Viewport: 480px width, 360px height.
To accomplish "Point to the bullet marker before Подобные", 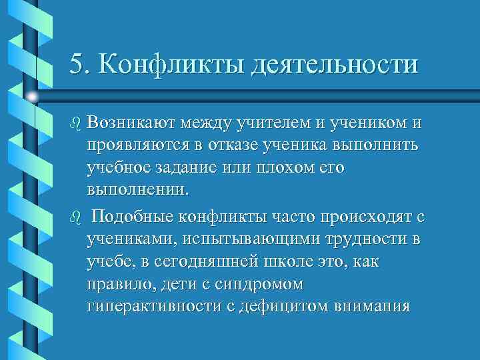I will pyautogui.click(x=75, y=218).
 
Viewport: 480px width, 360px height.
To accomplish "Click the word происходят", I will pyautogui.click(x=351, y=217).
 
